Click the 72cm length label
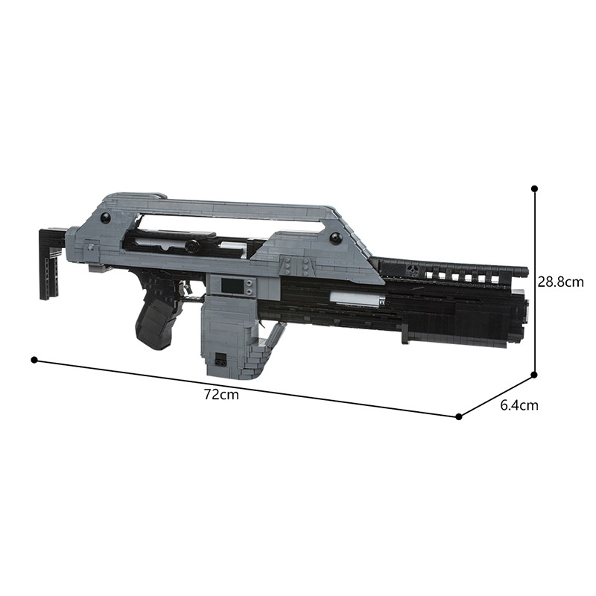click(221, 395)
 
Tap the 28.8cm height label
click(560, 282)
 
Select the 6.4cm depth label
click(519, 405)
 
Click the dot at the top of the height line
click(534, 188)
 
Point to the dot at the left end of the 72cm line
click(34, 360)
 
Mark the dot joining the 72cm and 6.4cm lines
click(459, 416)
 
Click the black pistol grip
click(156, 319)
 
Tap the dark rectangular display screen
click(232, 285)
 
